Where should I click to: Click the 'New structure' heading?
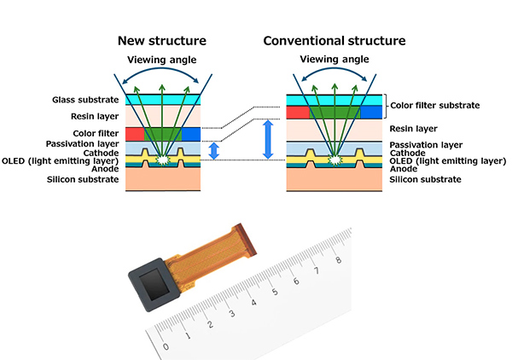tap(162, 40)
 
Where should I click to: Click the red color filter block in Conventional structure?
tap(298, 112)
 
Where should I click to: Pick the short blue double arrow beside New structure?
tap(214, 151)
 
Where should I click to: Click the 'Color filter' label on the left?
tap(96, 132)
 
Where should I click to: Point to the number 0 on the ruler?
tap(166, 347)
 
